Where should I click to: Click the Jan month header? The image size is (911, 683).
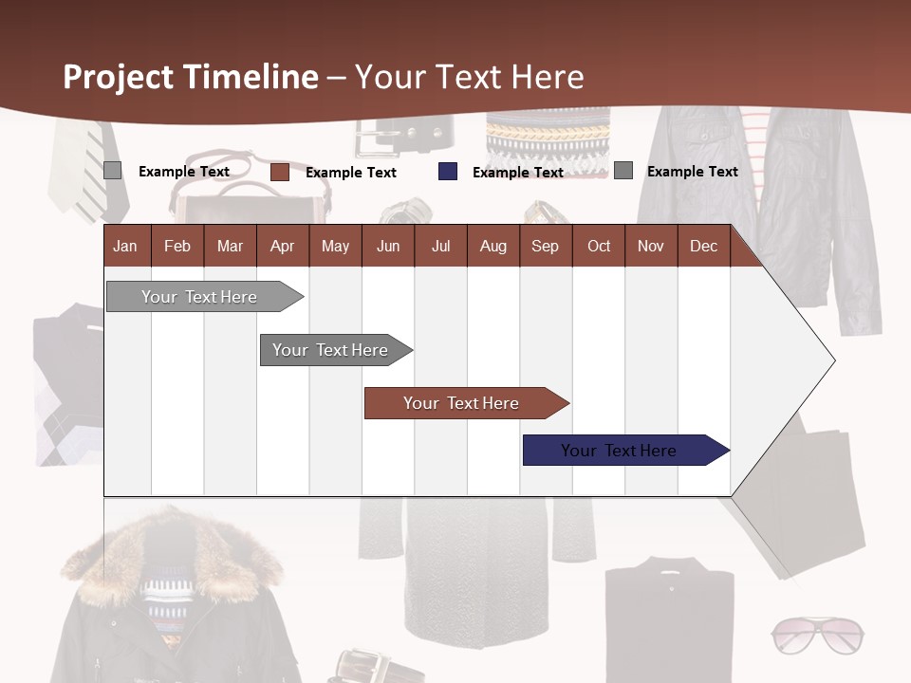(125, 246)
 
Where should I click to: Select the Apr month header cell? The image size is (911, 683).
(283, 246)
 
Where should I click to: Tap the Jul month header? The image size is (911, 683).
(440, 246)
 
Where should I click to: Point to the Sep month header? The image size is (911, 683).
(545, 246)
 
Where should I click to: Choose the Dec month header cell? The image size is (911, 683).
(703, 246)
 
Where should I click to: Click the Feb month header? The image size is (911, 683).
(177, 246)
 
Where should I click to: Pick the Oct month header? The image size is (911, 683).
(599, 246)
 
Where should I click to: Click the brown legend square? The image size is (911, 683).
(280, 172)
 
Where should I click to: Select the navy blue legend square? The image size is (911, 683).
(448, 172)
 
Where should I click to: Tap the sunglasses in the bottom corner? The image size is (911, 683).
(817, 635)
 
